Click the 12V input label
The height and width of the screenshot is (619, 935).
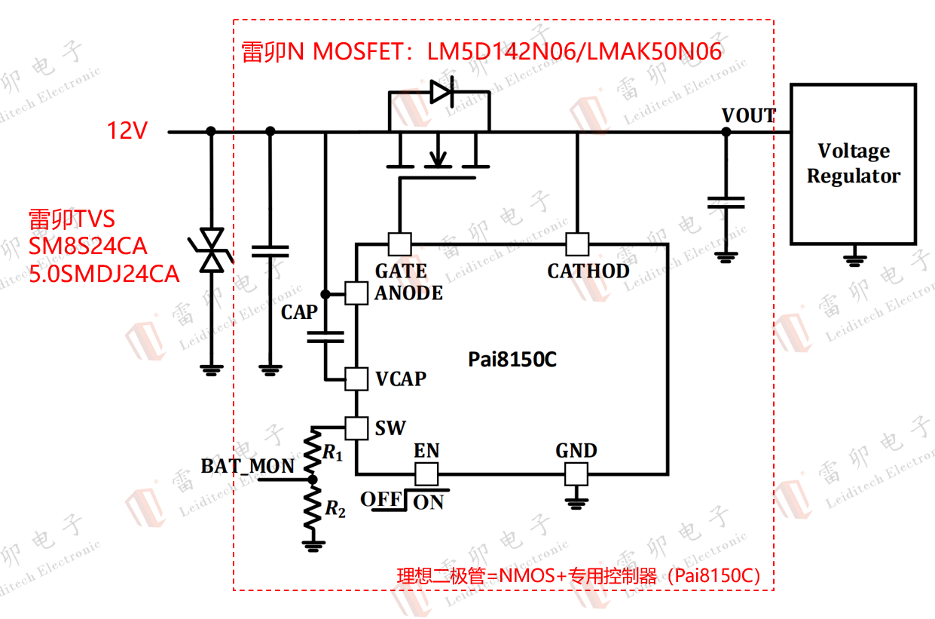tap(127, 131)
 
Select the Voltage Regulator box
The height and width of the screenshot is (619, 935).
tap(853, 164)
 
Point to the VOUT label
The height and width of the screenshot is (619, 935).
tap(748, 115)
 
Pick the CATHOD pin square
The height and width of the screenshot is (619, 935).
tap(577, 244)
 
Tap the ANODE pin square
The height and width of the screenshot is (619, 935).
tap(356, 293)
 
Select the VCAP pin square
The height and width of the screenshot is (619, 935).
tap(356, 378)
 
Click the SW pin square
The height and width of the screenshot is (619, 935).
tap(356, 428)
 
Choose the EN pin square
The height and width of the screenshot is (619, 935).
tap(427, 473)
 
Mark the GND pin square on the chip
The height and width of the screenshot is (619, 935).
tap(576, 473)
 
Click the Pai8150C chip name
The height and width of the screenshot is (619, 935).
tap(512, 359)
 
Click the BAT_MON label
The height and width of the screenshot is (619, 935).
tap(247, 466)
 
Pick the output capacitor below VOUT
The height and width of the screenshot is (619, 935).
tap(726, 202)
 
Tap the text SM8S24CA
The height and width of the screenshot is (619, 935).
tap(88, 247)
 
